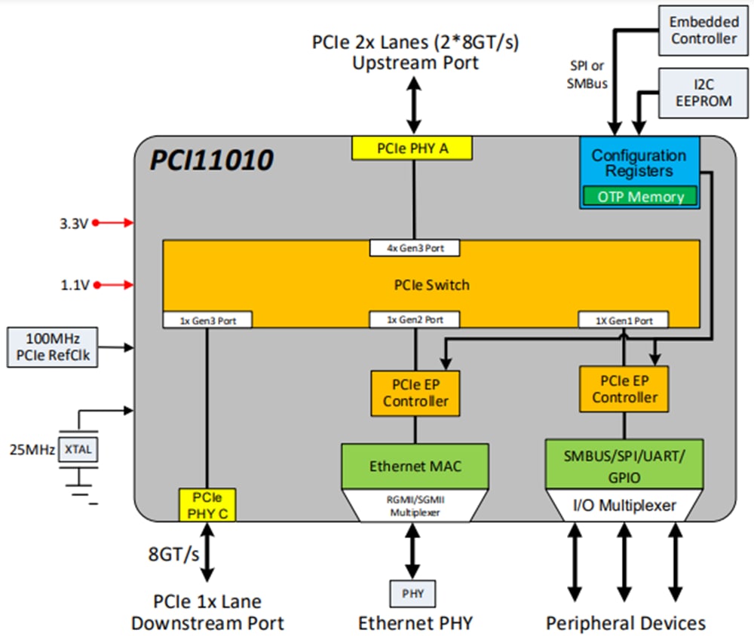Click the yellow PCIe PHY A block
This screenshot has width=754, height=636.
pyautogui.click(x=412, y=148)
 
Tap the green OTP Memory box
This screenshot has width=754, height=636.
pyautogui.click(x=640, y=197)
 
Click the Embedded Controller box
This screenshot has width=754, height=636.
pyautogui.click(x=703, y=29)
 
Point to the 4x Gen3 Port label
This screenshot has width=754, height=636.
pyautogui.click(x=414, y=248)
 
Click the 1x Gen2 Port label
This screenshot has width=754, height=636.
pyautogui.click(x=414, y=320)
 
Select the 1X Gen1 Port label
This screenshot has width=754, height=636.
pyautogui.click(x=624, y=320)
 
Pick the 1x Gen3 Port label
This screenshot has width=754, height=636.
pyautogui.click(x=207, y=320)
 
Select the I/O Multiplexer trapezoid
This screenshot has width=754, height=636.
pyautogui.click(x=625, y=506)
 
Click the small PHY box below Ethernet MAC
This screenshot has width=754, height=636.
pyautogui.click(x=412, y=594)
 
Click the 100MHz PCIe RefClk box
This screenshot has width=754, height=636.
pyautogui.click(x=52, y=347)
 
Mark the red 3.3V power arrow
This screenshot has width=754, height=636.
pyautogui.click(x=113, y=223)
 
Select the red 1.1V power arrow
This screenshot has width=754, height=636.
pyautogui.click(x=113, y=285)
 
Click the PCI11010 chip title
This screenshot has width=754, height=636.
pyautogui.click(x=211, y=161)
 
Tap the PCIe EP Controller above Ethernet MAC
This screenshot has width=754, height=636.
pyautogui.click(x=415, y=393)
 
